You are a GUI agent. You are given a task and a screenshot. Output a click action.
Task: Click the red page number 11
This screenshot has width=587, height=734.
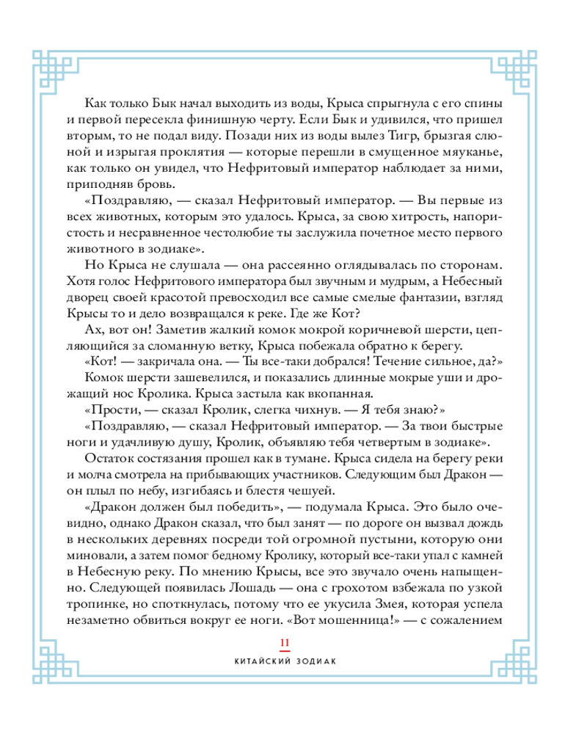(x=285, y=643)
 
